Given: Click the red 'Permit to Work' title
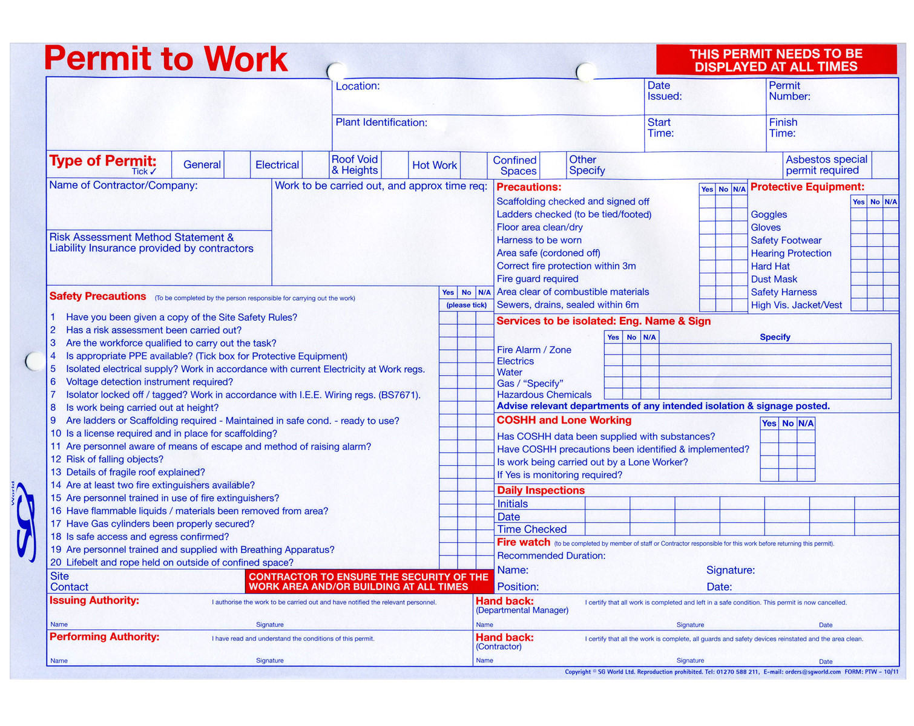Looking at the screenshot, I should (166, 59).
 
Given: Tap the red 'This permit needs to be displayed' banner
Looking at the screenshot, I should (776, 60).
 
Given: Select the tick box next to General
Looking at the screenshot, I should (237, 165).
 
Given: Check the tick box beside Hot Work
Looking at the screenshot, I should (473, 165).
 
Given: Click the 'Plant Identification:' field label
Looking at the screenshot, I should (381, 123).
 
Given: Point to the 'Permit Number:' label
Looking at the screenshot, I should (789, 91).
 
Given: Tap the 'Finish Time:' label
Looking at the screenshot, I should (783, 128).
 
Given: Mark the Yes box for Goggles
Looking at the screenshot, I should (858, 215).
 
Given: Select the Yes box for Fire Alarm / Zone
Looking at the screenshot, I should (613, 349).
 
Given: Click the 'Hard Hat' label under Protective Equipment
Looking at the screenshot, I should (770, 266).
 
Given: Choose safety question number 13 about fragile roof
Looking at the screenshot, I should (136, 473).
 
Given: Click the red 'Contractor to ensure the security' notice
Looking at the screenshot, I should (368, 581).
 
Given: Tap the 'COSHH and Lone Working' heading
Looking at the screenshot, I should (564, 420).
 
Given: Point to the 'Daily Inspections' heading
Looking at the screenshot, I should (541, 491).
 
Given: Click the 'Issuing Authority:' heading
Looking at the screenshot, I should (94, 601).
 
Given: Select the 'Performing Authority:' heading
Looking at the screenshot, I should (104, 637).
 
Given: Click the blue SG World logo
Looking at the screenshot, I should (27, 521).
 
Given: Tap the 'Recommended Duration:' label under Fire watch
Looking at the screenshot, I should (551, 556).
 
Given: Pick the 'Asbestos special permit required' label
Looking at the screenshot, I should (826, 165).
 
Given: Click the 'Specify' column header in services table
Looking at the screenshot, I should (775, 337).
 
